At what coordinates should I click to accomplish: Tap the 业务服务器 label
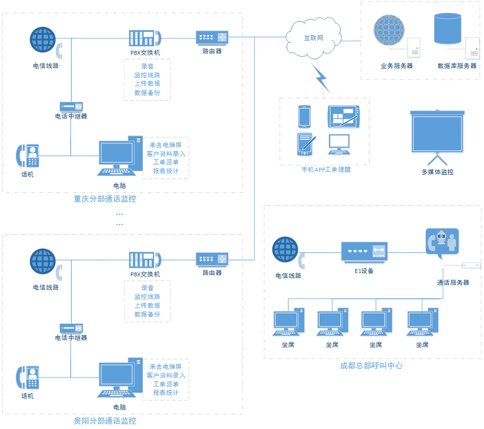click(397, 66)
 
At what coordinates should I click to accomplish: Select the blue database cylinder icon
click(448, 29)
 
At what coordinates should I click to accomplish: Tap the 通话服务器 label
click(453, 282)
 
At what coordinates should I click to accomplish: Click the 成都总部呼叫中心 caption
click(371, 366)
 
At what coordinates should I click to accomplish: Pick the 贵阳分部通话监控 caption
click(105, 421)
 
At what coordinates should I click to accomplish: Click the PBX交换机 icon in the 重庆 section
click(144, 38)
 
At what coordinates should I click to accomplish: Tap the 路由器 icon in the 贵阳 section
click(212, 259)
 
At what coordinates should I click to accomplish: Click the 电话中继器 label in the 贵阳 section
click(71, 338)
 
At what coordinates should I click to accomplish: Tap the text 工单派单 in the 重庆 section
click(166, 162)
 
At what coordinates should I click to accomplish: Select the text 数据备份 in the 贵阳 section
click(147, 314)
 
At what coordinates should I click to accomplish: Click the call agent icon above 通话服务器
click(442, 241)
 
